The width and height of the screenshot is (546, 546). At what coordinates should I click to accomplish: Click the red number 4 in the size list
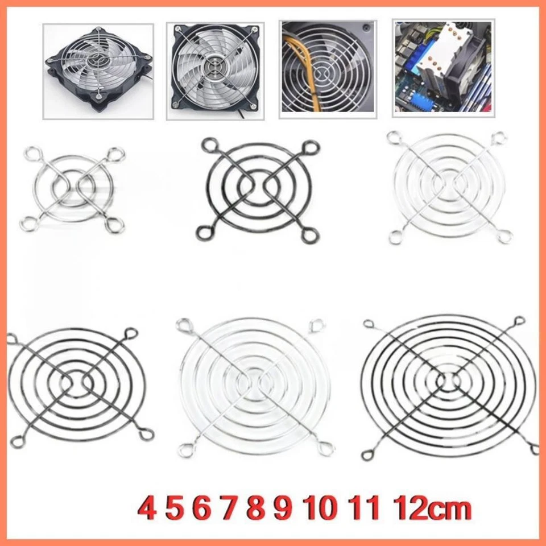[x=147, y=508]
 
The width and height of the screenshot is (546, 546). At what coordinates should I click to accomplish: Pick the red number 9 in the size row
[x=283, y=508]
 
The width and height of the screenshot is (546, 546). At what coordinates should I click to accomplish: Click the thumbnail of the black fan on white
[x=98, y=71]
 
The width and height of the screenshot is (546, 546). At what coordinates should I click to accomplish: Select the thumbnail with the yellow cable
[x=328, y=69]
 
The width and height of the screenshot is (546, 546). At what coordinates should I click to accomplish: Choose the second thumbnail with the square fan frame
[x=215, y=71]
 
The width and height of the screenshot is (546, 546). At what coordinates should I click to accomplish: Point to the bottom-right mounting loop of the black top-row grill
[x=311, y=235]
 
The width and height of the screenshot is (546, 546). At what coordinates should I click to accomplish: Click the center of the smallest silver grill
[x=72, y=188]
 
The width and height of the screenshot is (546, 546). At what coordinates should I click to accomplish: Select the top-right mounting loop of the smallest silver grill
[x=117, y=153]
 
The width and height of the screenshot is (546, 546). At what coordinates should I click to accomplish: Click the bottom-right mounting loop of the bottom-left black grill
[x=146, y=435]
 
